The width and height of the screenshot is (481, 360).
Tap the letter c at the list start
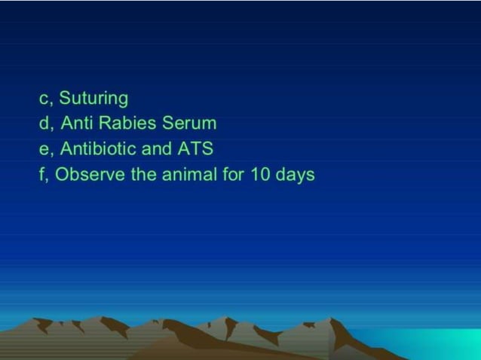point(44,99)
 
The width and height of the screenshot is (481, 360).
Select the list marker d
point(44,123)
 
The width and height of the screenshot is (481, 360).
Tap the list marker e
point(44,148)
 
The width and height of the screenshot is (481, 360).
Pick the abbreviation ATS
point(195,148)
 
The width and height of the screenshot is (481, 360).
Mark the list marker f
point(42,174)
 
